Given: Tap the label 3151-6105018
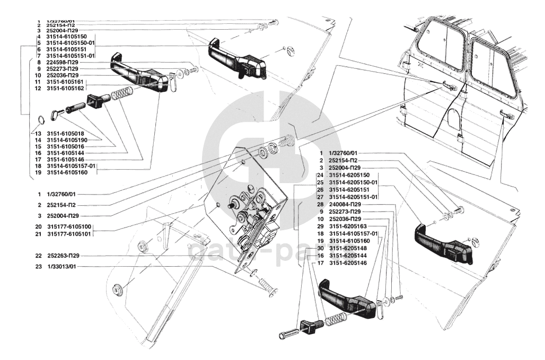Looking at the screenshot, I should pyautogui.click(x=64, y=133).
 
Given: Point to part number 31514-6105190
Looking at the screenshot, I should pyautogui.click(x=66, y=139).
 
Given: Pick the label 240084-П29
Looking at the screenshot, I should pyautogui.click(x=345, y=204).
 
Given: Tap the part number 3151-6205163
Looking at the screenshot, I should pyautogui.click(x=348, y=226).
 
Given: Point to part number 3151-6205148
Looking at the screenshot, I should pyautogui.click(x=348, y=248).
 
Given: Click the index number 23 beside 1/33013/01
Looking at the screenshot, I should pyautogui.click(x=39, y=267).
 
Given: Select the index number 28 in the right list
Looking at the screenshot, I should pyautogui.click(x=320, y=204).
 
